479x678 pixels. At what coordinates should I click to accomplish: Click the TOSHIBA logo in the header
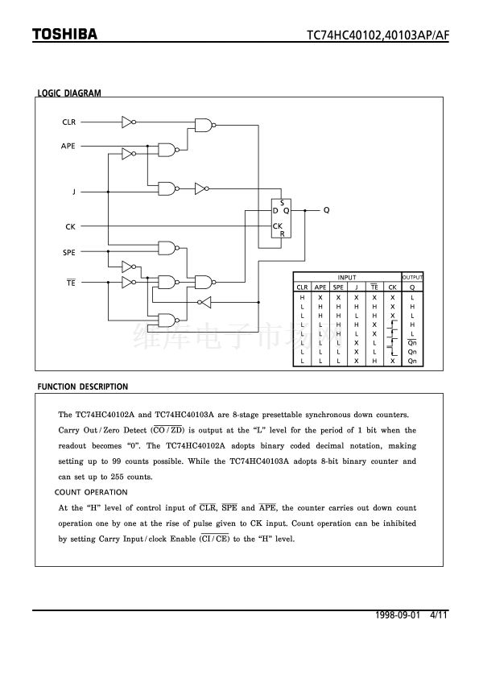click(x=65, y=34)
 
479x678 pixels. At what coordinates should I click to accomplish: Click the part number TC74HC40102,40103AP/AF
click(x=378, y=35)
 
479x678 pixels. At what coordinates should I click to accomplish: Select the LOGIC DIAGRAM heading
click(x=69, y=93)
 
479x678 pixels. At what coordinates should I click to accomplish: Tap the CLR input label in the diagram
click(x=69, y=122)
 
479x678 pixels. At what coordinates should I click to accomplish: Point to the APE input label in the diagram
click(x=68, y=146)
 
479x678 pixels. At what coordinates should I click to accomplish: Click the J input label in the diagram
click(x=74, y=192)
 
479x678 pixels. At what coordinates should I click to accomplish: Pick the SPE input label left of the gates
click(x=69, y=252)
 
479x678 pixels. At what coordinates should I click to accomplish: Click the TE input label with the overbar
click(x=71, y=283)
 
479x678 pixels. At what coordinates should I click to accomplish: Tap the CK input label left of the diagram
click(x=71, y=226)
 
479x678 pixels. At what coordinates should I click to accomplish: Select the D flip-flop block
click(x=281, y=218)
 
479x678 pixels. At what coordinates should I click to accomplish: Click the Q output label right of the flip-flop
click(x=326, y=209)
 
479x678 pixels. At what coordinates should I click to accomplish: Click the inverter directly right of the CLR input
click(x=128, y=122)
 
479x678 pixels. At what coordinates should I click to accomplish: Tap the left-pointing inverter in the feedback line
click(x=204, y=302)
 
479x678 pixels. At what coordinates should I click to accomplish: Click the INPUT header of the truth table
click(x=347, y=277)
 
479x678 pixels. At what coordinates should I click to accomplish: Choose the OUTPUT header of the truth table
click(x=412, y=277)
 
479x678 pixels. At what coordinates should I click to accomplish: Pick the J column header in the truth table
click(x=356, y=287)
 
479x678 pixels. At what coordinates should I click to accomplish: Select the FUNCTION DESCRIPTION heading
click(x=83, y=387)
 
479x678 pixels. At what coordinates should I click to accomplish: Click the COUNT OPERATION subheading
click(x=91, y=492)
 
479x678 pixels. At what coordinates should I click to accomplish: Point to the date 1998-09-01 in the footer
click(x=398, y=615)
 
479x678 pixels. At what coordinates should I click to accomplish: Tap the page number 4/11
click(x=439, y=615)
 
